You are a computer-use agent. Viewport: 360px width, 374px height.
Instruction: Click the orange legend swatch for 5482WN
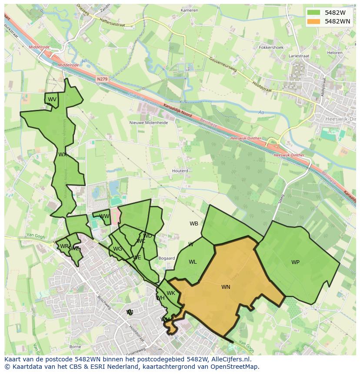[x=313, y=21]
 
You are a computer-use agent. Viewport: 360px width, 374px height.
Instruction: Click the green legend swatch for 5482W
[x=313, y=13]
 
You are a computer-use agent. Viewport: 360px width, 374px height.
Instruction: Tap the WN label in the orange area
[x=226, y=287]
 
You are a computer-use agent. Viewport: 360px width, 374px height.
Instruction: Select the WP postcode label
[x=295, y=262]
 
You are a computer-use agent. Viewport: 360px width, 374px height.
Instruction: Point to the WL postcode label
[x=193, y=262]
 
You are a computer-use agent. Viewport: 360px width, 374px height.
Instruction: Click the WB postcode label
[x=194, y=224]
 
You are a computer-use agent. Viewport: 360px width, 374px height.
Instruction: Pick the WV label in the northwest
[x=52, y=99]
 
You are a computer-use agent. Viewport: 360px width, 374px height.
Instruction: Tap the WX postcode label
[x=63, y=155]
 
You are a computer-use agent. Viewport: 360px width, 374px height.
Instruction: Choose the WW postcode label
[x=104, y=216]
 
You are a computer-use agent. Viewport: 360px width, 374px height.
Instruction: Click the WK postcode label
[x=171, y=293]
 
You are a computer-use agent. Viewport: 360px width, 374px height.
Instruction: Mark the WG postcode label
[x=117, y=249]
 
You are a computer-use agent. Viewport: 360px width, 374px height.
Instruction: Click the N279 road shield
[x=102, y=79]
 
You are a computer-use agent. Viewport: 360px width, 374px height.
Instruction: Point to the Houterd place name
[x=180, y=171]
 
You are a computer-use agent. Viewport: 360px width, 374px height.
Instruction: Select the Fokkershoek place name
[x=271, y=47]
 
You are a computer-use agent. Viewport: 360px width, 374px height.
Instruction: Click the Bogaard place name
[x=167, y=258]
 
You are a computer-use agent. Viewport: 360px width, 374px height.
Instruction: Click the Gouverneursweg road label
[x=222, y=65]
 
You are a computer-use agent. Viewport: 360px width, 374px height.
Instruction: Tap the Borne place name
[x=75, y=347]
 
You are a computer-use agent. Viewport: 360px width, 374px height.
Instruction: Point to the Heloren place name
[x=334, y=53]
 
